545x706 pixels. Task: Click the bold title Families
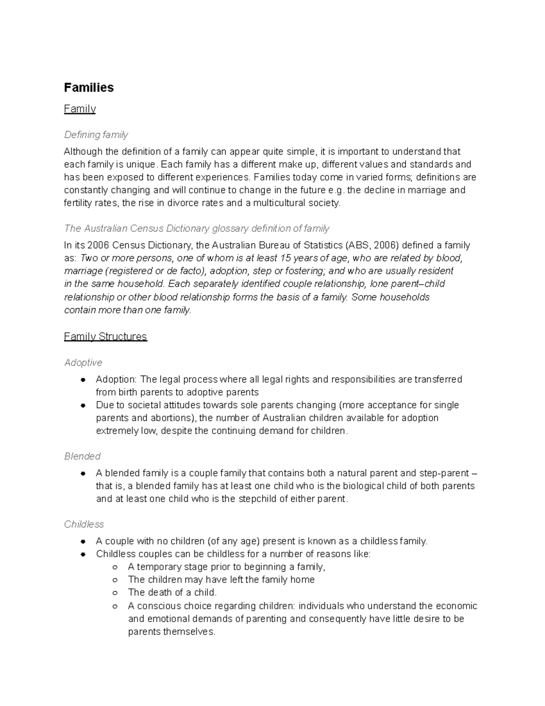click(89, 87)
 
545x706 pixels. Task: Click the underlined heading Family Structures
click(105, 336)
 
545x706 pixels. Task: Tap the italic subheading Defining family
click(96, 135)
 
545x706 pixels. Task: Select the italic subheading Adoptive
click(83, 362)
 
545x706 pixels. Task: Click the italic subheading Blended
click(82, 456)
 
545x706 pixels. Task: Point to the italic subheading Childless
click(84, 524)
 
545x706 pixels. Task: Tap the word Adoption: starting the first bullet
click(116, 379)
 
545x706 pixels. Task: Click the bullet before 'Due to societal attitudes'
click(83, 405)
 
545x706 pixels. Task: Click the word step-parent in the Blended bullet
click(443, 473)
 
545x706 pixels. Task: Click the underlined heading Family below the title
click(79, 109)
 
